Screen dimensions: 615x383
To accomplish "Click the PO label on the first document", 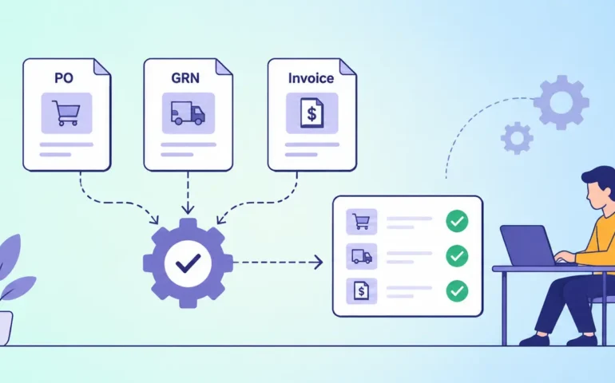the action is (64, 78).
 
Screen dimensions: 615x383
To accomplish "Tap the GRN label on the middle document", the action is (185, 78).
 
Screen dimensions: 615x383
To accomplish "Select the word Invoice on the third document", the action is (311, 78).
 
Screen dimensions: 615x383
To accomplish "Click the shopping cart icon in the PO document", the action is (66, 113).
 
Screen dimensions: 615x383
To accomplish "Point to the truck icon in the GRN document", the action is (188, 113).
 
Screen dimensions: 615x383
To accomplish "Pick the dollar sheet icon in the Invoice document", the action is (311, 113).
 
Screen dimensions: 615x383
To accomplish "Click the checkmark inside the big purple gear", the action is (188, 263).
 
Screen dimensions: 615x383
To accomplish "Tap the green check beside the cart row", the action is (457, 221).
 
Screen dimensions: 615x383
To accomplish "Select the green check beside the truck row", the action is (457, 256).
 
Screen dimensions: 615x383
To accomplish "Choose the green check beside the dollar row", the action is (457, 291).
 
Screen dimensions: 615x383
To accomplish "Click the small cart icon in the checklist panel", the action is (361, 222).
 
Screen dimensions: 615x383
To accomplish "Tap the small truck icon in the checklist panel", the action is (362, 256).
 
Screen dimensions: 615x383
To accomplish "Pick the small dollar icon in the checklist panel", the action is (361, 291).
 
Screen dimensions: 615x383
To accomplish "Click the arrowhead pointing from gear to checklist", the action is (319, 263).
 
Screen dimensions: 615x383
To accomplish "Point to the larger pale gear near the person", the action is (561, 102).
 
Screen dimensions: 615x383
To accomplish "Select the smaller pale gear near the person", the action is (517, 138).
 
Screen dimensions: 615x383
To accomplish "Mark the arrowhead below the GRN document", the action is (188, 209).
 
